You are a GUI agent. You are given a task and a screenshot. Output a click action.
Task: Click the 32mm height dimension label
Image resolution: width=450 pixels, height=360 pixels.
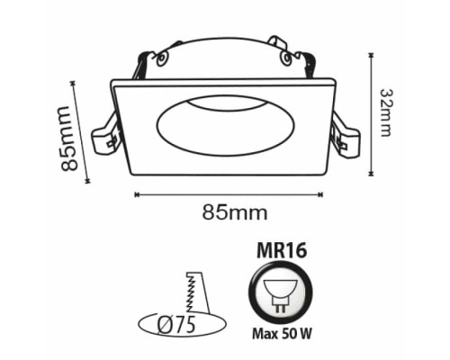pos(386,112)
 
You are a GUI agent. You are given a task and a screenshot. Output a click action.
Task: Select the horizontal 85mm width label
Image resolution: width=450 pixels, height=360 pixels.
pos(235,212)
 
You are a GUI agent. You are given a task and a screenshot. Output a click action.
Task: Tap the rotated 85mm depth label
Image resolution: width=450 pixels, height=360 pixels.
pos(69,139)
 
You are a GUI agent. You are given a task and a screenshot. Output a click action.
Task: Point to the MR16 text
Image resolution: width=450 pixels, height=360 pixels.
pos(282,251)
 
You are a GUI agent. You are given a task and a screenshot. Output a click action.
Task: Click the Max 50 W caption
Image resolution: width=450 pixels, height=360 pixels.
pos(282,333)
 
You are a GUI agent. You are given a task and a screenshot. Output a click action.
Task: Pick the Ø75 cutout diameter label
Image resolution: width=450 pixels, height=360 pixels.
pos(176,324)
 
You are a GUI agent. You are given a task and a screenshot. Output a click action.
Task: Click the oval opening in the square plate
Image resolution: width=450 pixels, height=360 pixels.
pos(226,125)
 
